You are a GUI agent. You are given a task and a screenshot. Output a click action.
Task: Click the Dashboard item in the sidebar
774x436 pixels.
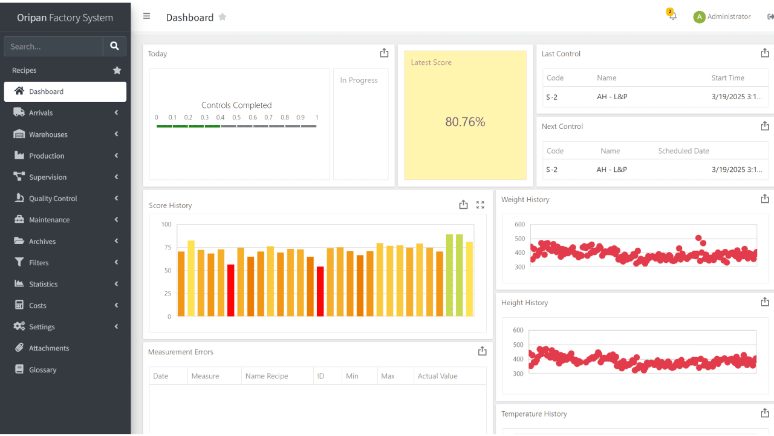(x=64, y=92)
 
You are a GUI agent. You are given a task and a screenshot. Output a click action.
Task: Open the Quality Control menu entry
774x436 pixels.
(x=53, y=199)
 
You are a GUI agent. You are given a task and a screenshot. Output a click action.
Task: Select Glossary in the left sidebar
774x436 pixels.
(x=42, y=370)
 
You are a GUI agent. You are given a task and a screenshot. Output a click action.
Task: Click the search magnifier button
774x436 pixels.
(x=114, y=46)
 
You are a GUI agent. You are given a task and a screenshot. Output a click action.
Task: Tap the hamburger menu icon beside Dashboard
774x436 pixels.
(x=146, y=16)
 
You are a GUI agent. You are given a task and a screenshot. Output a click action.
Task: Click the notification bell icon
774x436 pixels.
(x=672, y=16)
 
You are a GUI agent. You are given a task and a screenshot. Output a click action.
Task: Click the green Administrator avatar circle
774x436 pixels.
(x=699, y=17)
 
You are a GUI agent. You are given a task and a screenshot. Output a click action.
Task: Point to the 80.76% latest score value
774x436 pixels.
(x=465, y=122)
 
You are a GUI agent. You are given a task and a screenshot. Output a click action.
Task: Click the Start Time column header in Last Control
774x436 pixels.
(x=728, y=78)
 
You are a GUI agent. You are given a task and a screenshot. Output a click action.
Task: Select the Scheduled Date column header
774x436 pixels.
(x=683, y=151)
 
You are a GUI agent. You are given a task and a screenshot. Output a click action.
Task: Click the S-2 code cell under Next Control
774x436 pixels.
(x=551, y=170)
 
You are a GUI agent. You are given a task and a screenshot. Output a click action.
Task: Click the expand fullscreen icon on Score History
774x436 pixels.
(x=480, y=205)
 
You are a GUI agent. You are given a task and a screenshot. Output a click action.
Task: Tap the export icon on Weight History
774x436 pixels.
(x=764, y=199)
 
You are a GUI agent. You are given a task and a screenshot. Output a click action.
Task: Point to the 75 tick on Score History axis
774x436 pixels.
(x=168, y=247)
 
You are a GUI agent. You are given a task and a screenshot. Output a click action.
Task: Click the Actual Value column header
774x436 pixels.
(x=437, y=376)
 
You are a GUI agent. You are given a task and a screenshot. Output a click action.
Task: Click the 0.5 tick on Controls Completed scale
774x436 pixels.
(x=236, y=117)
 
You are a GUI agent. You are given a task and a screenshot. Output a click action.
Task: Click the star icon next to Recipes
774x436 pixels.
(x=117, y=70)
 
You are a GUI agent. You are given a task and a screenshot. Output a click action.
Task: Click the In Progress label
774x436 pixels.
(x=359, y=80)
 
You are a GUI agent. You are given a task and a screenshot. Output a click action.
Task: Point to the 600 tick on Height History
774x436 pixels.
(x=518, y=330)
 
